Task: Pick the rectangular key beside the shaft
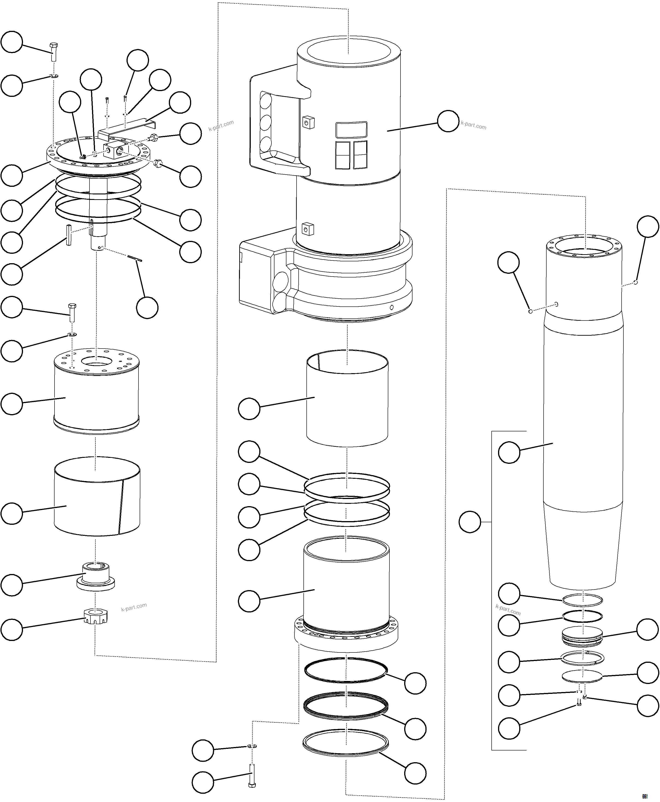pos(68,235)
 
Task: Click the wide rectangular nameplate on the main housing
pos(351,130)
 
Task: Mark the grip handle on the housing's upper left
pos(274,129)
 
